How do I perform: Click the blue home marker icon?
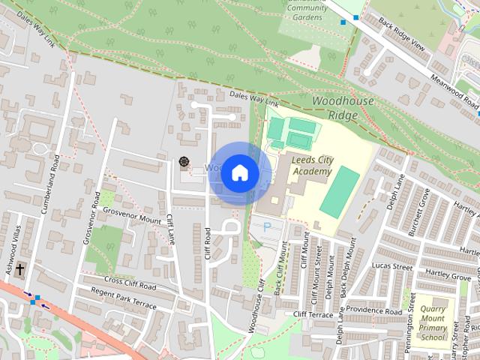point(239,173)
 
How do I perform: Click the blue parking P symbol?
point(265,226)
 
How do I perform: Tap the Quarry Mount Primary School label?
point(433,323)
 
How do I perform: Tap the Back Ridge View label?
point(402,35)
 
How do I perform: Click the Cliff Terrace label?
point(313,314)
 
